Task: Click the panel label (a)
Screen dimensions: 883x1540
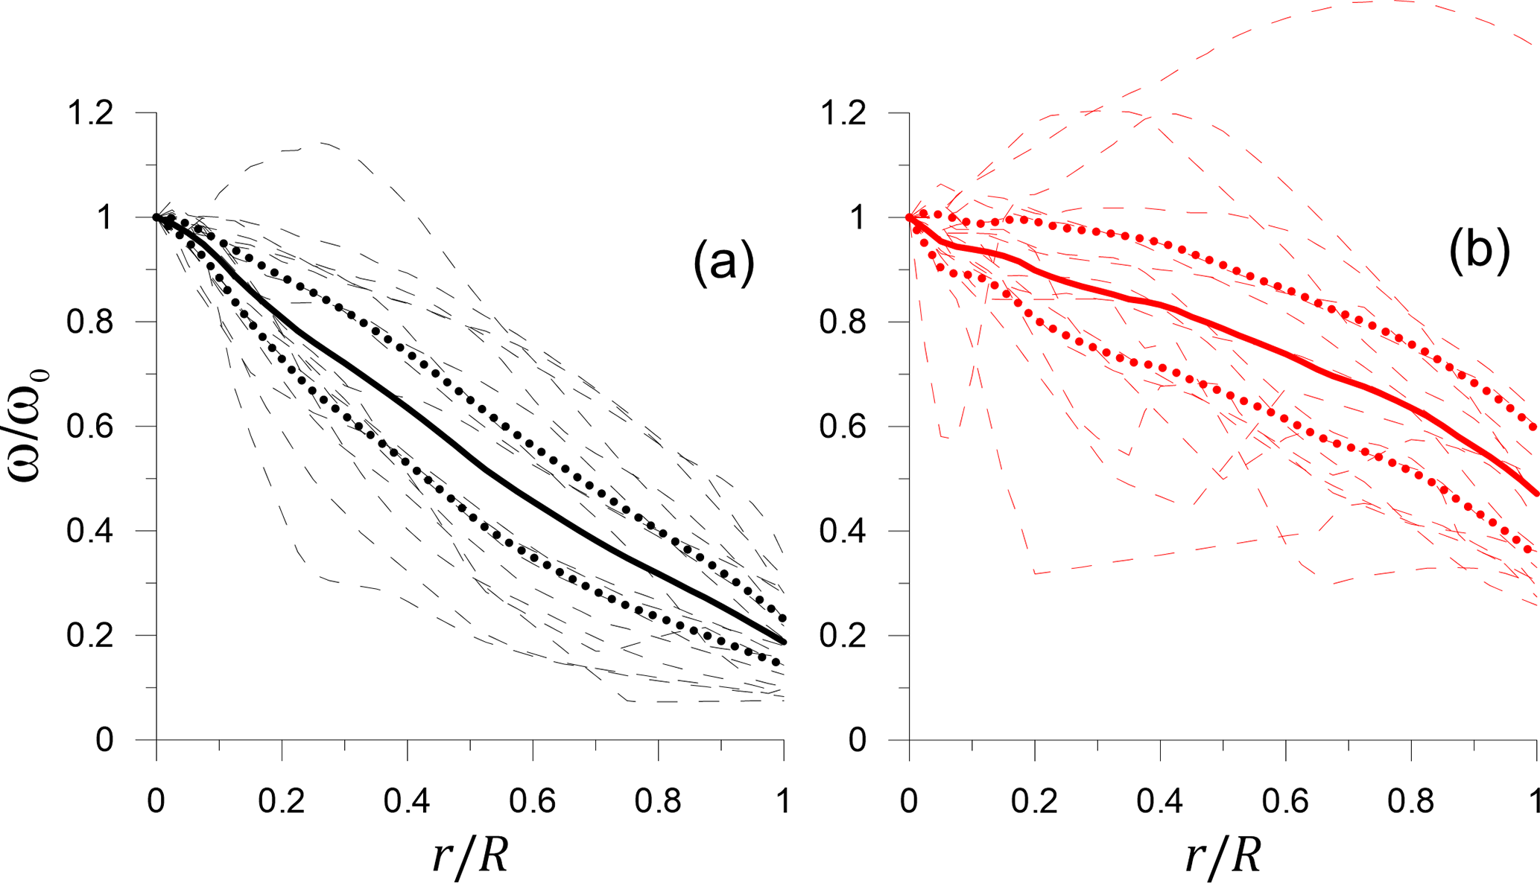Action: [723, 262]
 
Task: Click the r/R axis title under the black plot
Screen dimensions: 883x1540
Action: [470, 855]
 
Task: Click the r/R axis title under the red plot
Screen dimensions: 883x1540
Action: [1223, 855]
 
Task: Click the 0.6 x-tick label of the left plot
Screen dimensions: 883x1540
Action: [532, 801]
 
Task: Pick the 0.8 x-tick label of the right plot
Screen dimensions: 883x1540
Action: [1410, 801]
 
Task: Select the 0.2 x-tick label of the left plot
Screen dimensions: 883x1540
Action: [282, 801]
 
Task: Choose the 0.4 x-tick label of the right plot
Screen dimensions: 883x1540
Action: [1160, 801]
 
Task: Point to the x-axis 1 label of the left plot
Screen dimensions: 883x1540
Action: [783, 801]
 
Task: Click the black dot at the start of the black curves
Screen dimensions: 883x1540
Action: [156, 217]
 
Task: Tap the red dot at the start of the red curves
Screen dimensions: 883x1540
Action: [909, 217]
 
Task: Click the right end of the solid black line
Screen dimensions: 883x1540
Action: [782, 641]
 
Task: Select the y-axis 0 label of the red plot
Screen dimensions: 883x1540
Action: [858, 740]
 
